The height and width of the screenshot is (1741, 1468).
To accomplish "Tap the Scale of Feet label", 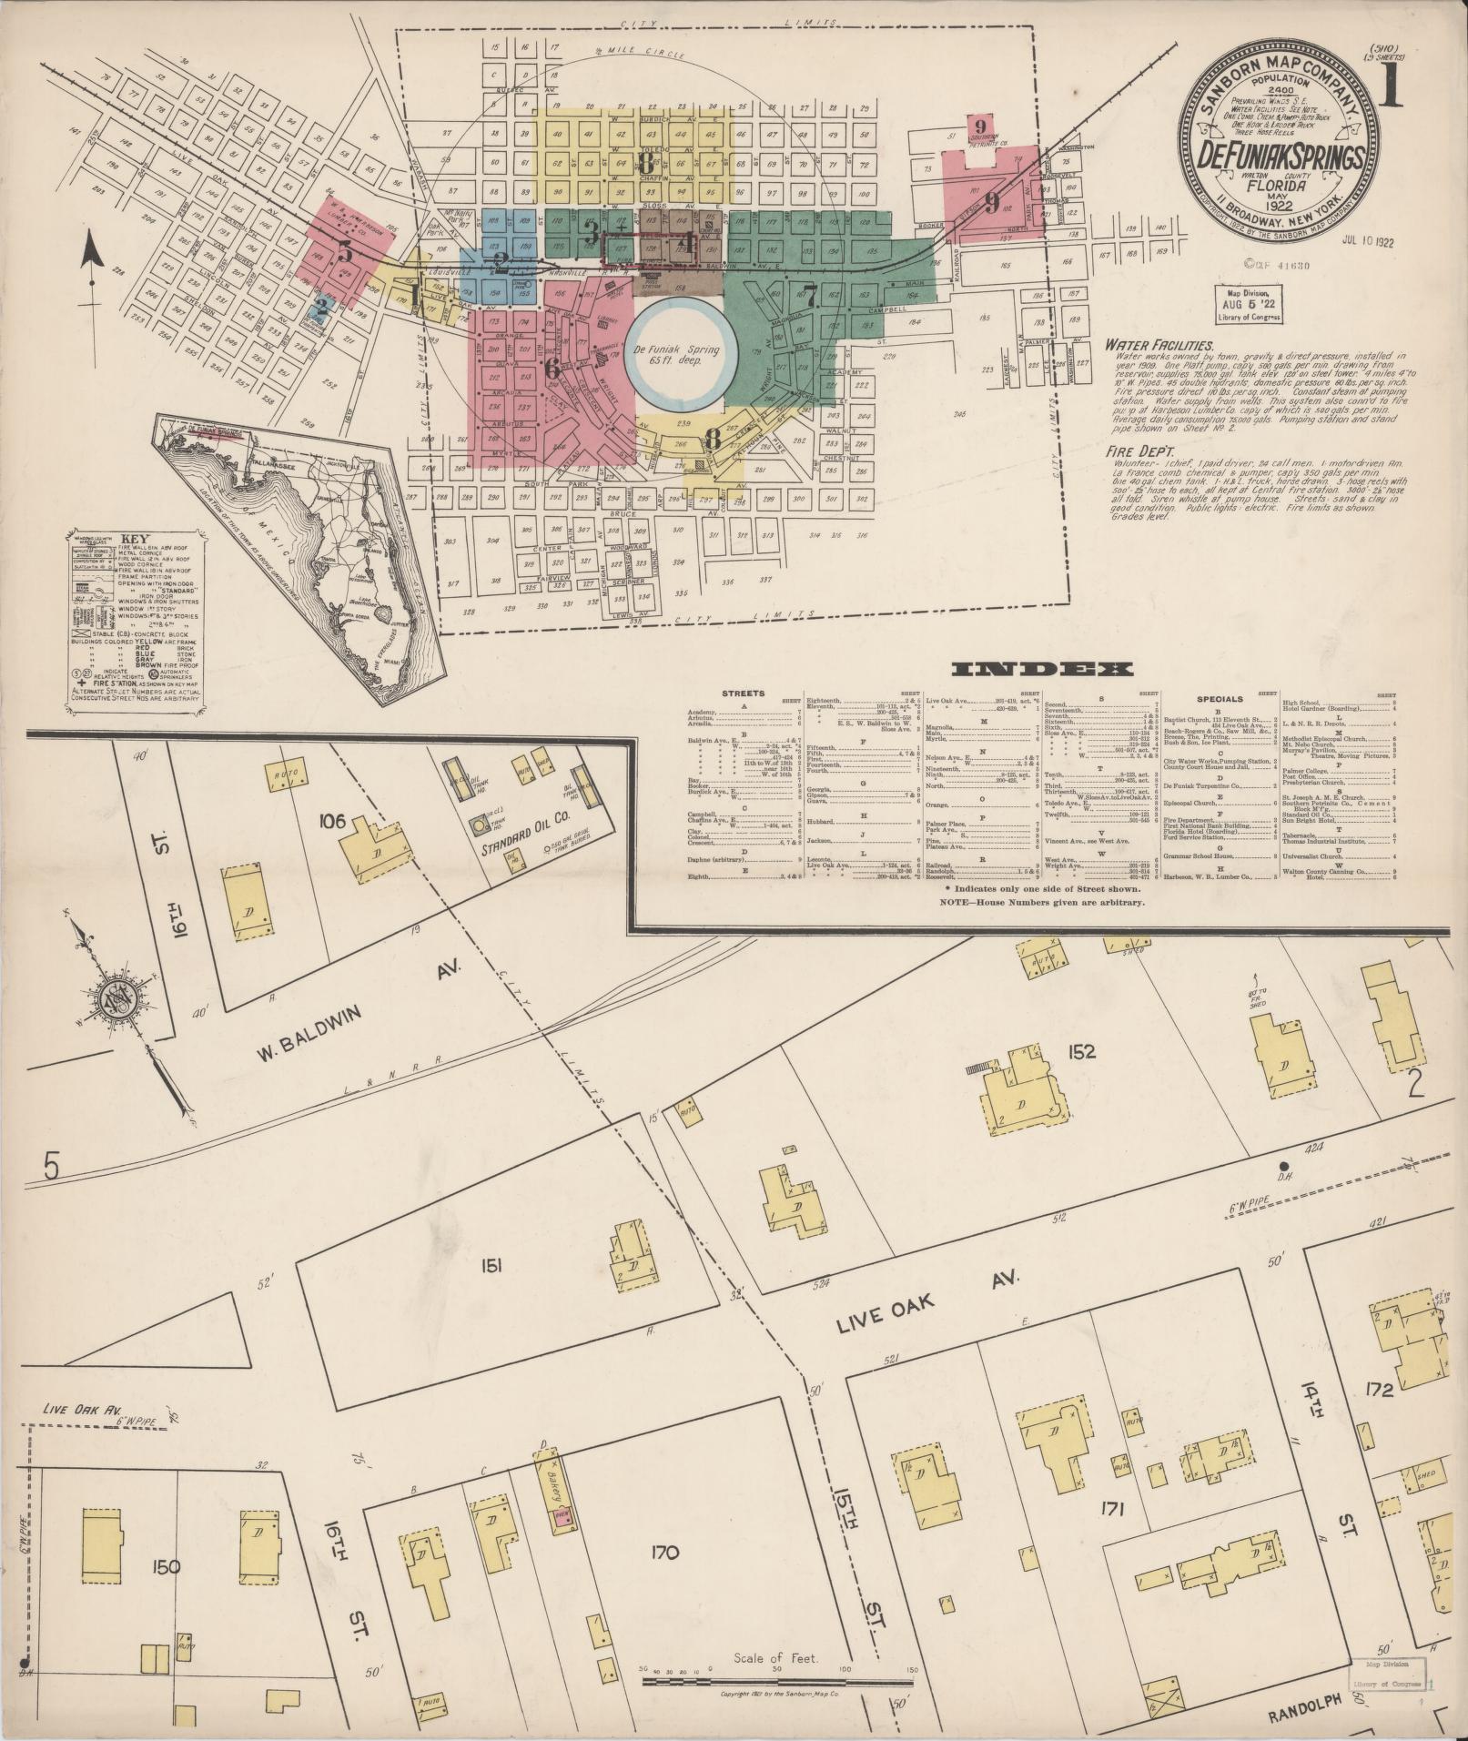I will click(776, 1658).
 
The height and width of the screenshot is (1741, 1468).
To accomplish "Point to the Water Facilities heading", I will click(1158, 346).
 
